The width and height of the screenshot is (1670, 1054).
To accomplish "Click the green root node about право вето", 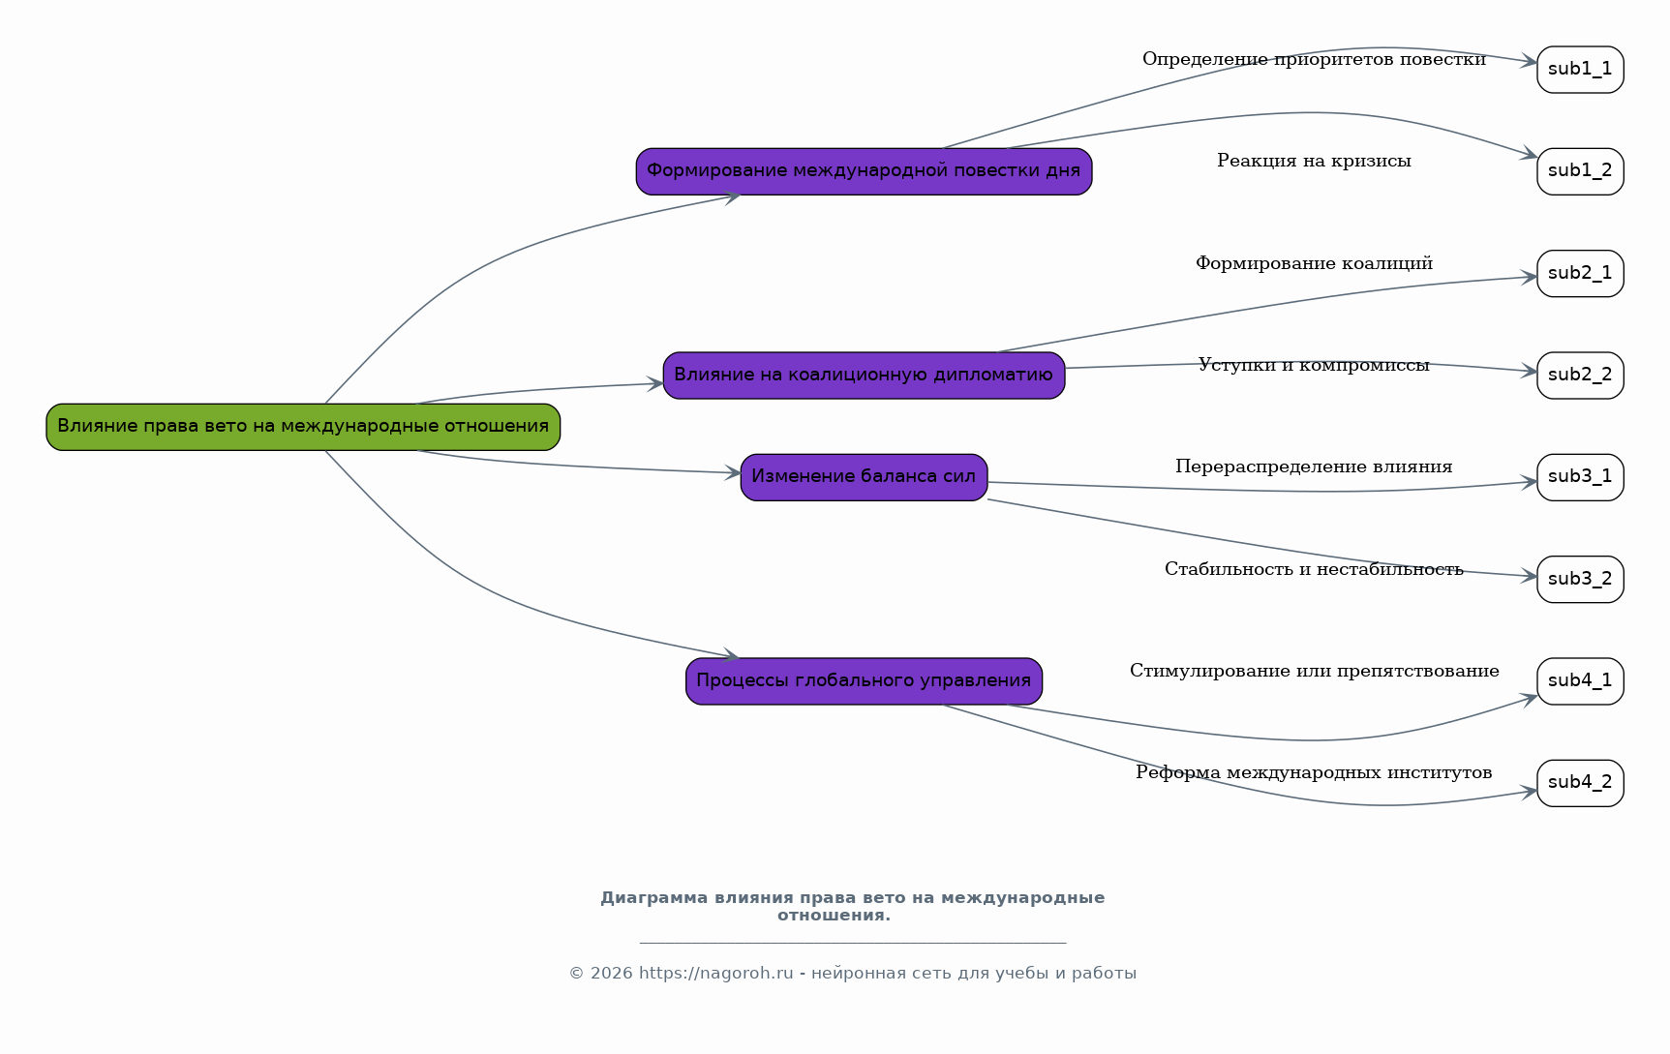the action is pos(303,427).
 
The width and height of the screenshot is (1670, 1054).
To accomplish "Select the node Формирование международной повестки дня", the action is pos(864,171).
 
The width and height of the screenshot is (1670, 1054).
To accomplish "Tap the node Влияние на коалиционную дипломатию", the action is pos(864,376).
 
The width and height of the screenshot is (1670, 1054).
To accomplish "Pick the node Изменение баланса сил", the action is pos(864,477).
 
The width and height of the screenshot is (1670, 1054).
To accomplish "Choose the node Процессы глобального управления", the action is pos(864,681).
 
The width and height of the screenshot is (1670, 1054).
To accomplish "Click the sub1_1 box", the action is pos(1580,70).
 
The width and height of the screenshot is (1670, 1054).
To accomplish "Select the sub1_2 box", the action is pos(1580,171).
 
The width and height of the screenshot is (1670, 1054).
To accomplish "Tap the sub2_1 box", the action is pos(1580,274).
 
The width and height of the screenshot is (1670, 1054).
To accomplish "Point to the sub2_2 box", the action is pos(1580,376).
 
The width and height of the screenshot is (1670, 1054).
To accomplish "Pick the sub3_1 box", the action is pos(1580,477).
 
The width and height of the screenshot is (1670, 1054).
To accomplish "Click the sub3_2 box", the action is pos(1580,580).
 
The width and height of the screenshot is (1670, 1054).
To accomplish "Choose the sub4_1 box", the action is pos(1580,681).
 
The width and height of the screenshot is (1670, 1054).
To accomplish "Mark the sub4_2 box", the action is pos(1580,783).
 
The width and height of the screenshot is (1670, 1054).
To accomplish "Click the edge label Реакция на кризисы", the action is pos(1314,161).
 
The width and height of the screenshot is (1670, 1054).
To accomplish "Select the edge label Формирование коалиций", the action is pos(1314,263).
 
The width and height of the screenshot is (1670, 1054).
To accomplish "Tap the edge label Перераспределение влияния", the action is pos(1314,467).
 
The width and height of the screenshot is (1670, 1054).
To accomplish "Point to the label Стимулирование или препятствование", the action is pos(1314,671).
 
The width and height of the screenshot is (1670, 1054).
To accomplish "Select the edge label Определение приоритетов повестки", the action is pos(1314,59).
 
